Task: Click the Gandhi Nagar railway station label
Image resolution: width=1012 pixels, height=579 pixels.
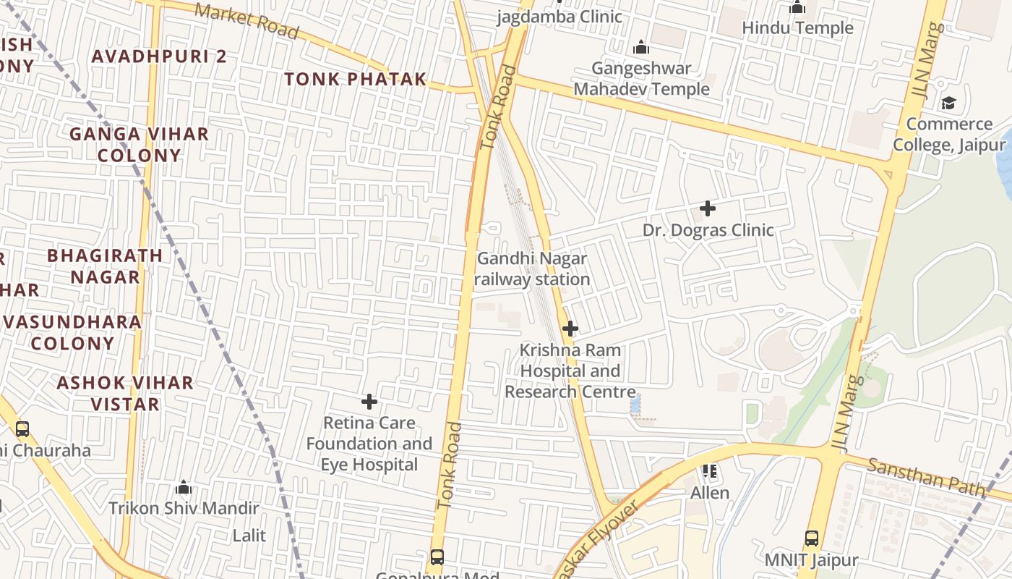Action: (533, 269)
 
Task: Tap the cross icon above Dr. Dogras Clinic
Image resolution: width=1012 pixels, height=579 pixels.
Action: (708, 209)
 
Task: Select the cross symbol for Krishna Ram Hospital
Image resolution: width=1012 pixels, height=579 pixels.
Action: (570, 329)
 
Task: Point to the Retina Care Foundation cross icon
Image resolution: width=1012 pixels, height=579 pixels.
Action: (369, 402)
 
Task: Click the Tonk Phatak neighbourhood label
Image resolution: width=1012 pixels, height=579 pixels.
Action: (355, 80)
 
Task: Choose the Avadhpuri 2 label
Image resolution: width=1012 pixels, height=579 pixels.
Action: (159, 56)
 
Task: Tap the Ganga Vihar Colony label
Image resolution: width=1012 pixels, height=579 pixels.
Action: (139, 145)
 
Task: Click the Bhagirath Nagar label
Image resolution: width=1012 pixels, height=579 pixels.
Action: (105, 266)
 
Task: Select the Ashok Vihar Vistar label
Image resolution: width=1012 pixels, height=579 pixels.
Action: (125, 393)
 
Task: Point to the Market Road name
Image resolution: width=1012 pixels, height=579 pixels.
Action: (246, 21)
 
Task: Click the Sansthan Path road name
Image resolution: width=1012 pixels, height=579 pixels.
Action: (926, 477)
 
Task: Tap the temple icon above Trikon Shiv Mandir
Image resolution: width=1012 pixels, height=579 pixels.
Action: (184, 487)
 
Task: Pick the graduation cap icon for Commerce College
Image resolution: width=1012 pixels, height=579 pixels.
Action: (948, 103)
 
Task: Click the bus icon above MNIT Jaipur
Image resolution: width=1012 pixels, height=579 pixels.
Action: (812, 538)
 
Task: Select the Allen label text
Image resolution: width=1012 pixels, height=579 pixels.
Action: (710, 493)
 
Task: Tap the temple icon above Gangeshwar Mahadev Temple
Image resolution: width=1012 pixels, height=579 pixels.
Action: (640, 48)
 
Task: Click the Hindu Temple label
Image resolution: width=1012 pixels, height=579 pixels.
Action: (798, 28)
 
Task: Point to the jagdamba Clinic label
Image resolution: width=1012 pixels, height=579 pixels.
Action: (559, 17)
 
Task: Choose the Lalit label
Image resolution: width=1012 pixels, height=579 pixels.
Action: (249, 536)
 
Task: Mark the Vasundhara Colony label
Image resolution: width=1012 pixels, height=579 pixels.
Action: (72, 332)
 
